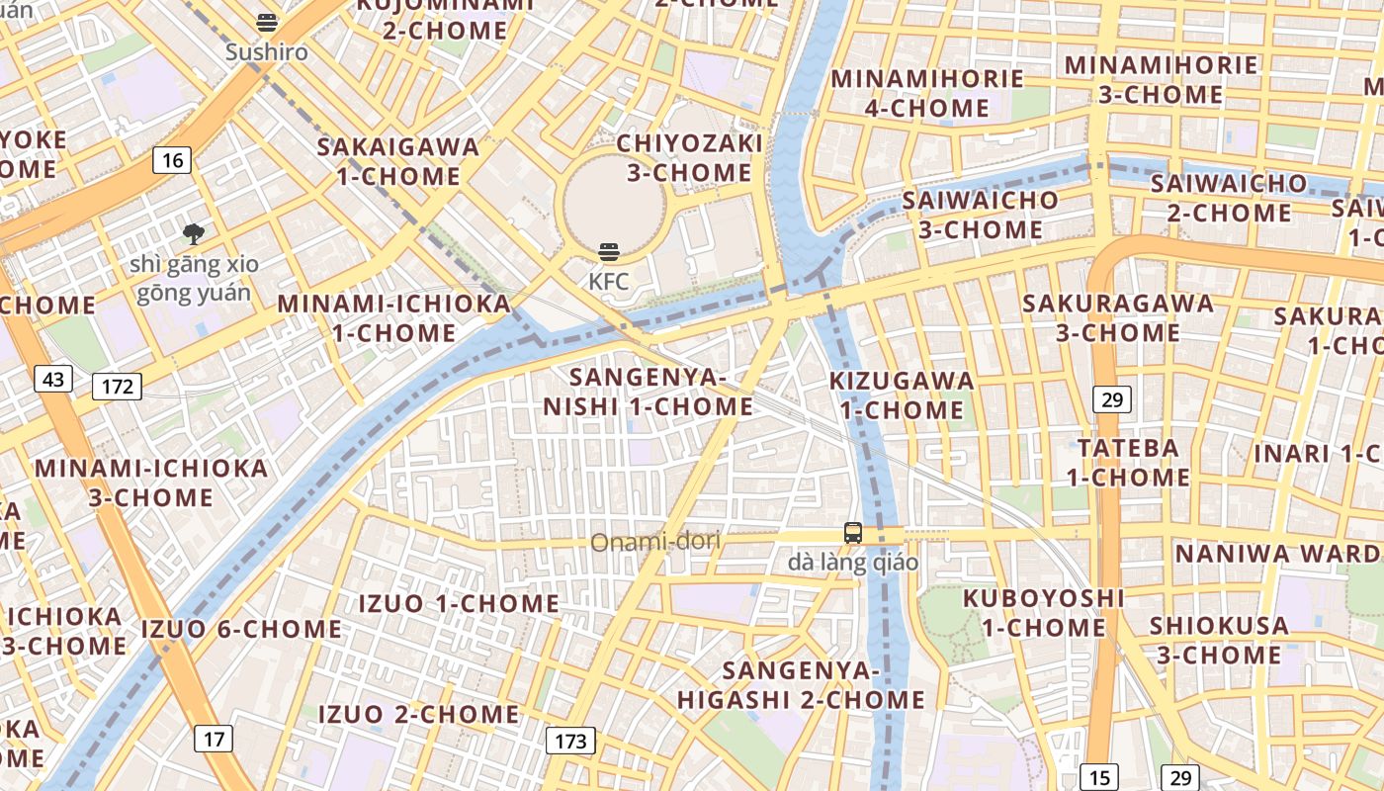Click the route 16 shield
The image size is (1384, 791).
tap(172, 160)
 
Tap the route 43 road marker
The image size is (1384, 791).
tap(53, 379)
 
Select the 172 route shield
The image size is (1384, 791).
tap(117, 387)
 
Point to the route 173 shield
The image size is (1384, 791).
tap(570, 741)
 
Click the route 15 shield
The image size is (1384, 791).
tap(1099, 777)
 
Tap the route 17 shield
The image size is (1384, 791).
tap(215, 738)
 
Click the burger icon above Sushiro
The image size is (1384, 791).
tap(267, 22)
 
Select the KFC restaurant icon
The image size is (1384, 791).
tap(609, 252)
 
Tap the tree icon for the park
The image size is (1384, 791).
tap(194, 234)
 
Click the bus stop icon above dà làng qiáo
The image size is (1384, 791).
tap(852, 533)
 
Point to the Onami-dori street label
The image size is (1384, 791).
tap(655, 542)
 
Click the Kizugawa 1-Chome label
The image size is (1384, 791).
tap(902, 395)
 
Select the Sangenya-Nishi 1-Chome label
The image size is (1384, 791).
tap(649, 392)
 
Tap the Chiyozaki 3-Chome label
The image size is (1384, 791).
tap(689, 158)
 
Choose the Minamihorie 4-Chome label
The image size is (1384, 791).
tap(927, 93)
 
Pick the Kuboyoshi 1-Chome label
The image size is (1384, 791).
tap(1043, 612)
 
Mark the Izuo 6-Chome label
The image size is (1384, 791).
tap(241, 629)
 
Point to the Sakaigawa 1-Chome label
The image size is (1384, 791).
tap(398, 162)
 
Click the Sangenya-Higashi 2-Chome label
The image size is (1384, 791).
tap(801, 685)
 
